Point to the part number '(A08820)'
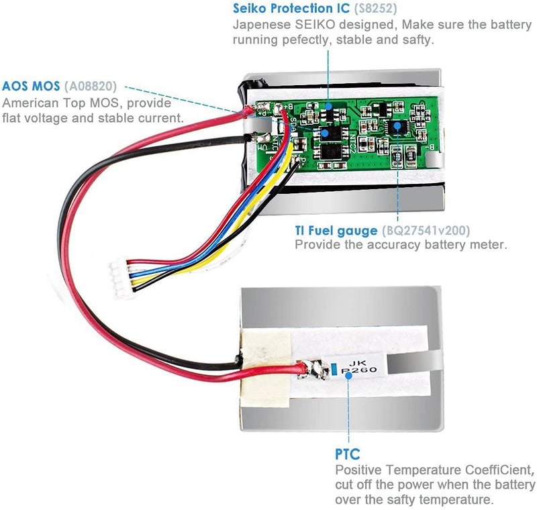pos(91,87)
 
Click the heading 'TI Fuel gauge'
pos(336,231)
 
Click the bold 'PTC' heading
pos(347,456)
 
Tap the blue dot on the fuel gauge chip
pos(397,125)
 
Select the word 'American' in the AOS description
pos(29,103)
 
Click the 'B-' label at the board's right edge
pos(433,147)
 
